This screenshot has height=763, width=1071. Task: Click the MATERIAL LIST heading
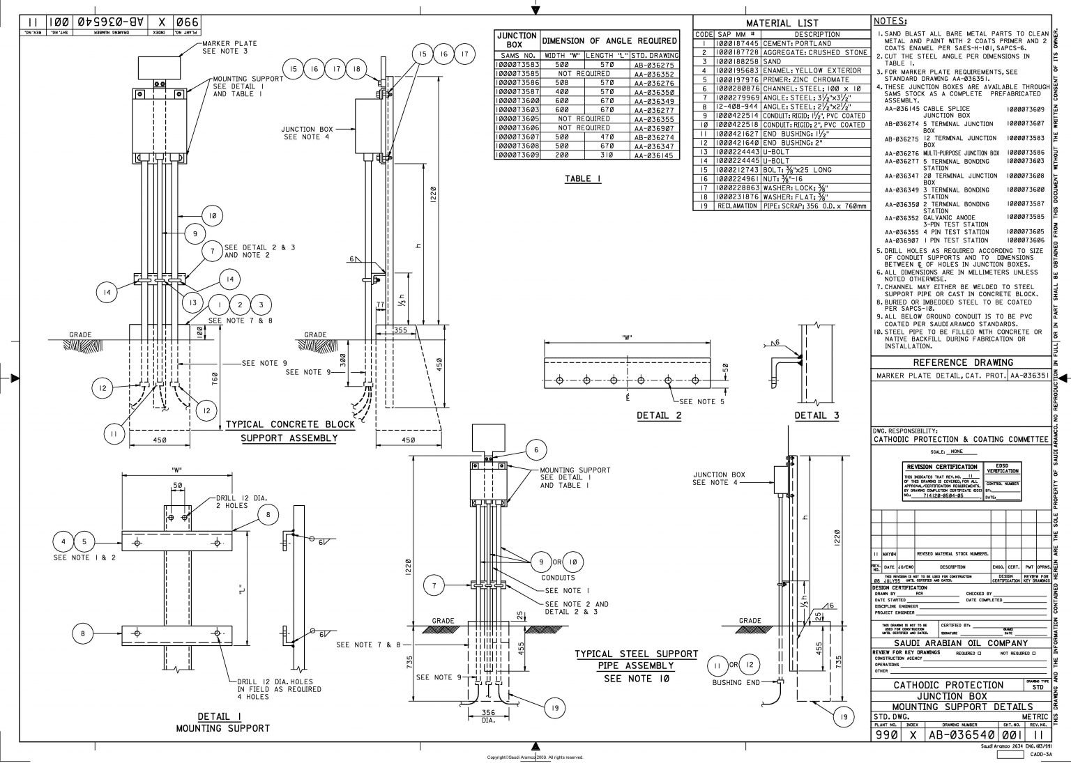point(782,23)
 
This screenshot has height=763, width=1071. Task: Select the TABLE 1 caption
point(583,179)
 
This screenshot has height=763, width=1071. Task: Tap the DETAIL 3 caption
point(816,416)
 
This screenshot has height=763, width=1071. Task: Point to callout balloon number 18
point(356,69)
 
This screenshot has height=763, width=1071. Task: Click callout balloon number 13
point(193,302)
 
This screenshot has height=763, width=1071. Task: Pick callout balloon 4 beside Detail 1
point(63,541)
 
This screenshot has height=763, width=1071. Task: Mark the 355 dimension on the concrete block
point(400,330)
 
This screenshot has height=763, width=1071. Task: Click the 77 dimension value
point(380,305)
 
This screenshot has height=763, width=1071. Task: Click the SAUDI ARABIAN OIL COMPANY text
point(960,642)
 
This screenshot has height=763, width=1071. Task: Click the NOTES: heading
point(890,22)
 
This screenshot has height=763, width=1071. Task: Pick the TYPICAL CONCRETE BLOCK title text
point(290,424)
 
